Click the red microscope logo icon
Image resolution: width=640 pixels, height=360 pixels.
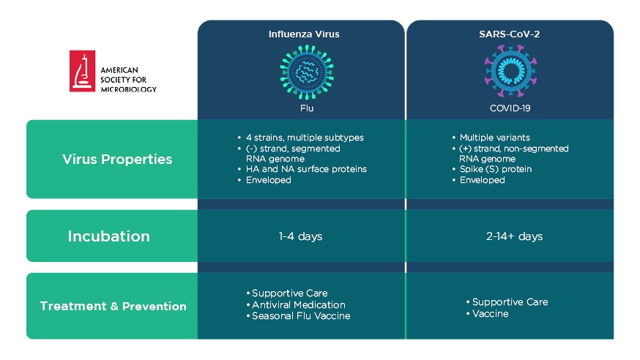[82, 71]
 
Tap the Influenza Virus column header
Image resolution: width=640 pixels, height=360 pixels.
[304, 34]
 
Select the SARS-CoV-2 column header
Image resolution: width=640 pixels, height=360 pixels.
[510, 34]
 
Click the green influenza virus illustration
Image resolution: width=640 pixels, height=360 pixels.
[307, 72]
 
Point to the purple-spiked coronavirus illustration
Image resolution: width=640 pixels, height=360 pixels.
[510, 72]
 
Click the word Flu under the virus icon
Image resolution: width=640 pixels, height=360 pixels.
[307, 108]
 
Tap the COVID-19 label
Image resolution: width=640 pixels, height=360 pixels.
[510, 108]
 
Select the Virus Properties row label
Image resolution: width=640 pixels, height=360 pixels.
[117, 159]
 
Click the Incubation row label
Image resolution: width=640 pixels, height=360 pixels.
[108, 236]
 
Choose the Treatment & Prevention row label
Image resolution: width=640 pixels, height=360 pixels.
[113, 306]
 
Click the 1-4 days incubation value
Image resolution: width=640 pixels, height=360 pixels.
[300, 236]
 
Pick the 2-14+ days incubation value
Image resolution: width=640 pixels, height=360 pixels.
[514, 236]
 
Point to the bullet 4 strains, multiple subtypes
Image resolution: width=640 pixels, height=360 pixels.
[301, 138]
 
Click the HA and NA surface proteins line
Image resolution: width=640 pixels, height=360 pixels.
[302, 169]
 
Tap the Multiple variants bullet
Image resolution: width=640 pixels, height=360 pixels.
[491, 138]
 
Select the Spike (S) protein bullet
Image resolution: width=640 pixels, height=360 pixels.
[492, 169]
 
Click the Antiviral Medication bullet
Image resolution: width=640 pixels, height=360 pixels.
[296, 305]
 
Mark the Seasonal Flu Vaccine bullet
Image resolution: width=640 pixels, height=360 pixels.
[298, 316]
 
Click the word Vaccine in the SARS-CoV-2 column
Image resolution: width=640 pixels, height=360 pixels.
[490, 314]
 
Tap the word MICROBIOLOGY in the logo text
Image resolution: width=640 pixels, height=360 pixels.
[129, 89]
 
